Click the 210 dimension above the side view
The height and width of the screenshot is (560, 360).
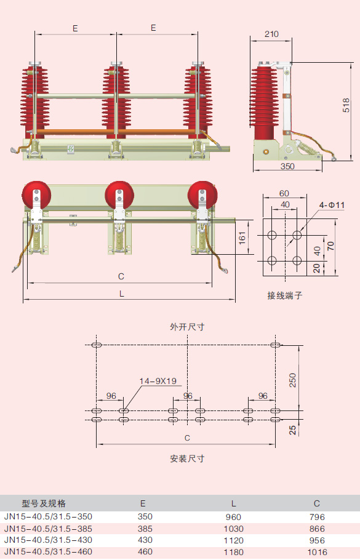(x=271, y=34)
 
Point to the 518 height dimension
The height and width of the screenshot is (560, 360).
(x=346, y=105)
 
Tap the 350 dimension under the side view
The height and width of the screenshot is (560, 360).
(x=287, y=166)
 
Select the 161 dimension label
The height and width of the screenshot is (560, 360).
(x=242, y=238)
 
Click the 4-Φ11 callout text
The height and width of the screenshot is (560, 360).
(x=332, y=205)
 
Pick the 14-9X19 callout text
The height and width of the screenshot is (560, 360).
(x=158, y=381)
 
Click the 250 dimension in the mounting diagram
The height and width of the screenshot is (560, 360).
(x=292, y=380)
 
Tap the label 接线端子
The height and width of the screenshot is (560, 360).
(x=285, y=295)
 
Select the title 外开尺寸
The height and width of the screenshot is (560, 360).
(x=187, y=327)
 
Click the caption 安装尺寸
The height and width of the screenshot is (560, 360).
(x=187, y=458)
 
